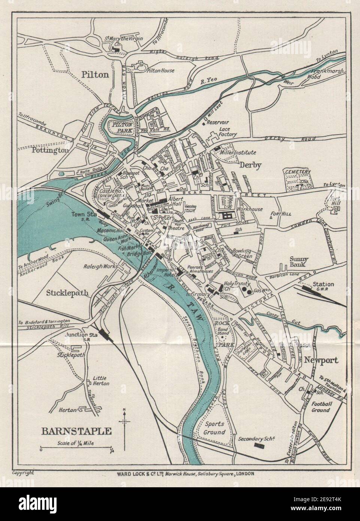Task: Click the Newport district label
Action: click(321, 360)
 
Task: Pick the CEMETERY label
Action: click(298, 172)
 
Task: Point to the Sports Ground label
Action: click(215, 428)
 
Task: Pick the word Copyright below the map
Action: click(23, 463)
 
